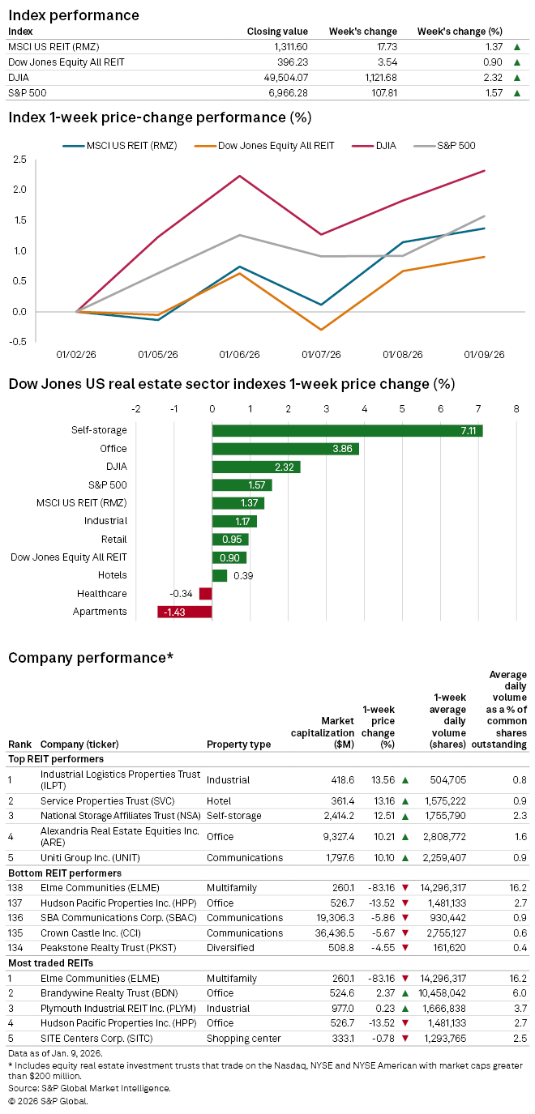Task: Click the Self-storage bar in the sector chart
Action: click(347, 431)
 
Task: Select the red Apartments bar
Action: click(185, 612)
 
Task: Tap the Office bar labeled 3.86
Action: click(285, 449)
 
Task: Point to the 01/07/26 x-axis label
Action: click(321, 354)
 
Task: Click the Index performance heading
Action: click(74, 15)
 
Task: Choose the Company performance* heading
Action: click(91, 657)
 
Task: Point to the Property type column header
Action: click(238, 745)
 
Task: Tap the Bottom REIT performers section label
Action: click(65, 873)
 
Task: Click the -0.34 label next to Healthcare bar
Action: click(182, 594)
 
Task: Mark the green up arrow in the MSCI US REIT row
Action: click(516, 48)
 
